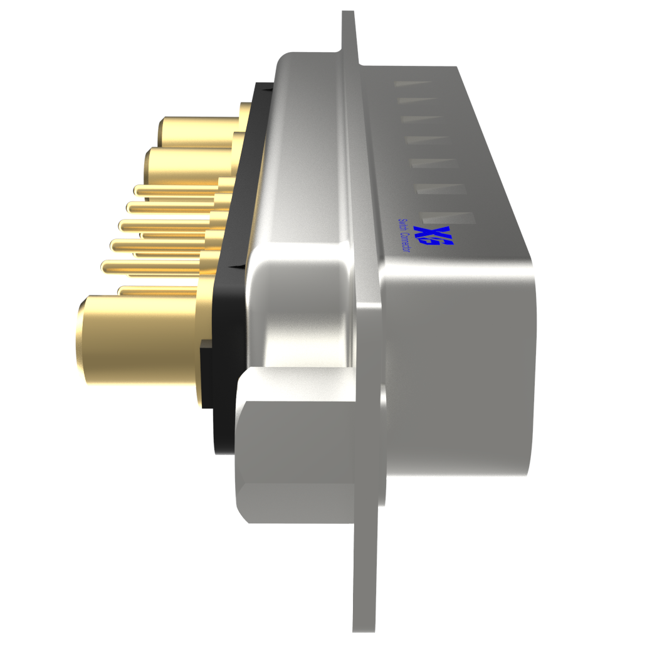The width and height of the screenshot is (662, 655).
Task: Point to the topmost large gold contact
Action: [x=197, y=132]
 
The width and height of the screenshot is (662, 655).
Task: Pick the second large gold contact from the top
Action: [x=188, y=164]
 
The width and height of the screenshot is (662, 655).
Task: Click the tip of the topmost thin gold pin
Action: [x=137, y=189]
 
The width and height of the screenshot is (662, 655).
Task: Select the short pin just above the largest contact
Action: [x=157, y=290]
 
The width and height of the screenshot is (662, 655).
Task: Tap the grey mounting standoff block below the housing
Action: [x=295, y=445]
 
